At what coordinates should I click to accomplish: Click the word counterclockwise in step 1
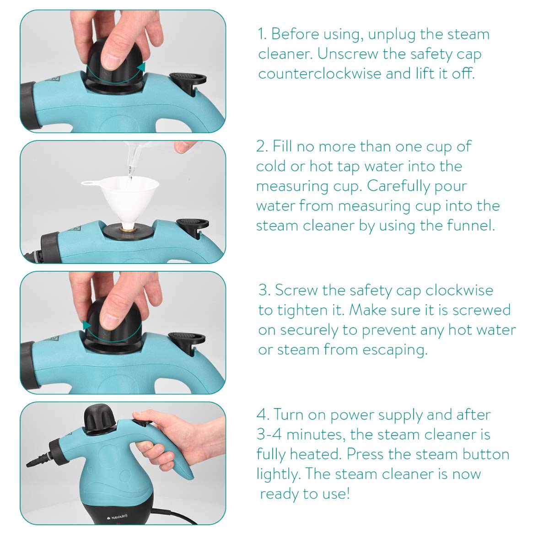click(x=320, y=74)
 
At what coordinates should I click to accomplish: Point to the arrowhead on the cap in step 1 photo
click(x=141, y=67)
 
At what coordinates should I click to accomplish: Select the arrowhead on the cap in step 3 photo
click(x=86, y=325)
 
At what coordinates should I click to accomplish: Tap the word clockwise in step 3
click(x=459, y=290)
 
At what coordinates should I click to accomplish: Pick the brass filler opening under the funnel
click(x=128, y=228)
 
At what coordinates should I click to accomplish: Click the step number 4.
click(x=262, y=414)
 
